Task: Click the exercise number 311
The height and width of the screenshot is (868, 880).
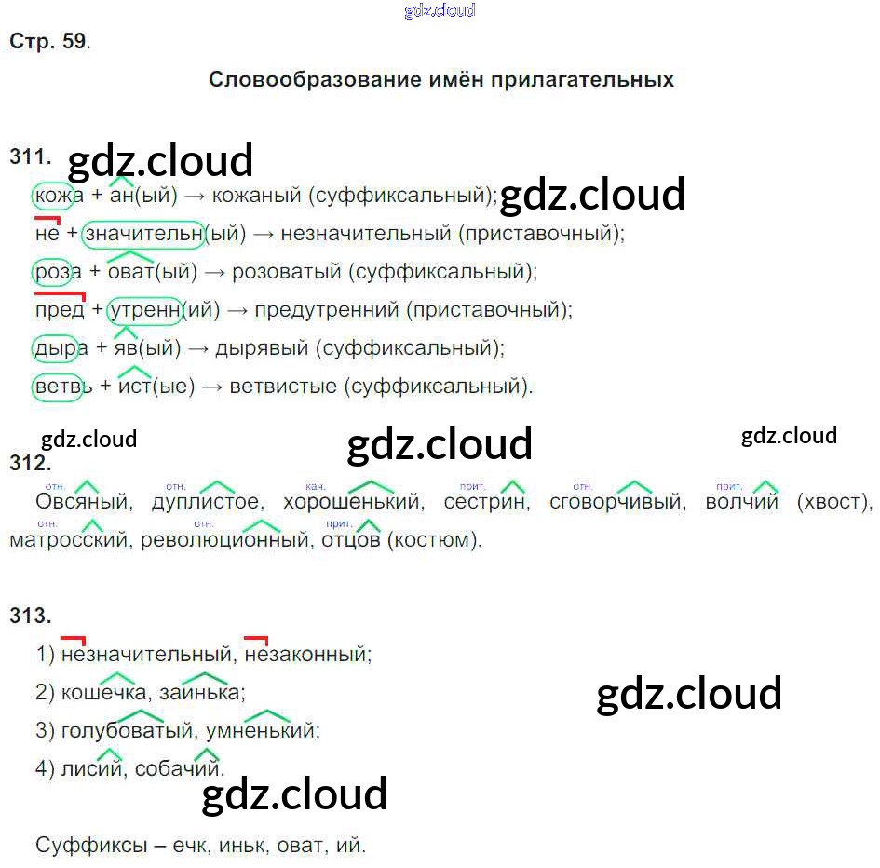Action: click(x=30, y=157)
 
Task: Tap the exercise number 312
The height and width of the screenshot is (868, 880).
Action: click(x=30, y=463)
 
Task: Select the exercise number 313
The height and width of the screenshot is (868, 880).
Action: click(x=30, y=615)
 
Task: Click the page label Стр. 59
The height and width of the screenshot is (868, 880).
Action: click(x=48, y=42)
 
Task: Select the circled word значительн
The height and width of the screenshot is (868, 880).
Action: click(x=143, y=234)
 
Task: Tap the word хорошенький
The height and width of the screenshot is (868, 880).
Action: click(x=353, y=503)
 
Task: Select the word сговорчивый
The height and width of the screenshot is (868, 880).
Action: click(x=616, y=503)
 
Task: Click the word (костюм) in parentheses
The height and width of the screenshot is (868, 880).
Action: click(x=434, y=540)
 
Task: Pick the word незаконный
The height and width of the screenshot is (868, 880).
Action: click(x=307, y=655)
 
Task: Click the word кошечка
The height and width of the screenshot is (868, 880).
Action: click(x=102, y=693)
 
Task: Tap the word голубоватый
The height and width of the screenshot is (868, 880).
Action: click(x=126, y=731)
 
